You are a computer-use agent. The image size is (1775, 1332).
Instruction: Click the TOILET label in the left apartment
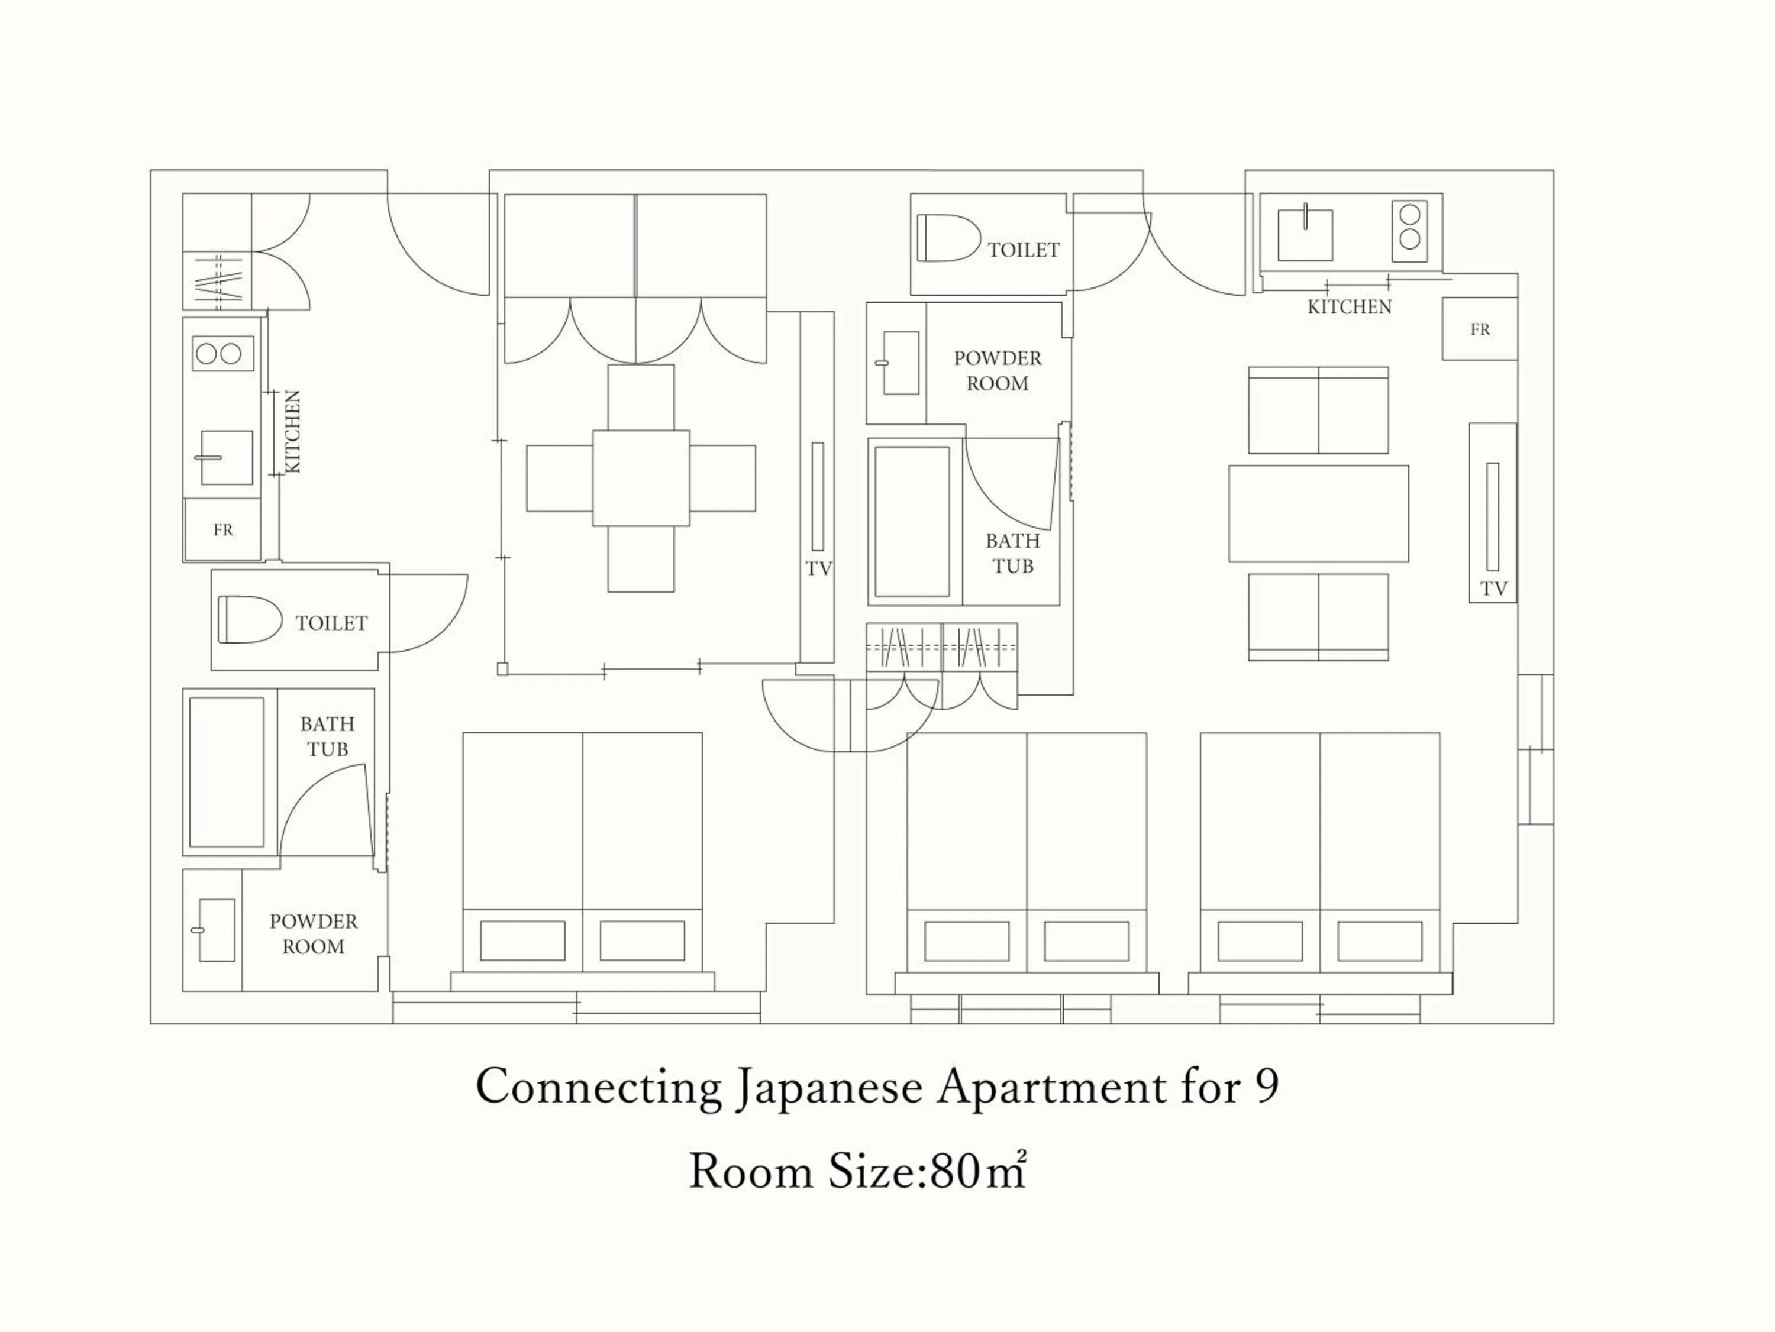click(331, 623)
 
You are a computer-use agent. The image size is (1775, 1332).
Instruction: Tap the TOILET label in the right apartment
click(1023, 250)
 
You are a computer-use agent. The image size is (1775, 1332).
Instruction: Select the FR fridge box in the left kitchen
click(223, 529)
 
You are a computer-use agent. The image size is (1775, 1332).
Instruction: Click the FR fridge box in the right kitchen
click(1480, 329)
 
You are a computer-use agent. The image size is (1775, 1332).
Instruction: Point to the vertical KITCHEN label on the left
click(293, 432)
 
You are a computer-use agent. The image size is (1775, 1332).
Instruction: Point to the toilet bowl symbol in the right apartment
click(948, 238)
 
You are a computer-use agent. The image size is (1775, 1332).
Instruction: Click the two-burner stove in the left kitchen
click(223, 354)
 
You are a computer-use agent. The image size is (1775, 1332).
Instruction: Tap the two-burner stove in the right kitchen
click(1410, 227)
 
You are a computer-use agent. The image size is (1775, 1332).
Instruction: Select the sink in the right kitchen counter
click(1305, 235)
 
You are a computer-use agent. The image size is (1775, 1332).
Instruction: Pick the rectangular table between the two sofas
click(1318, 513)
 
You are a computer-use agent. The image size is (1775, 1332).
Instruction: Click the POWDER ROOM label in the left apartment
click(313, 934)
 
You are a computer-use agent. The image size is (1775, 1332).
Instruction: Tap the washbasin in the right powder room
click(901, 363)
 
